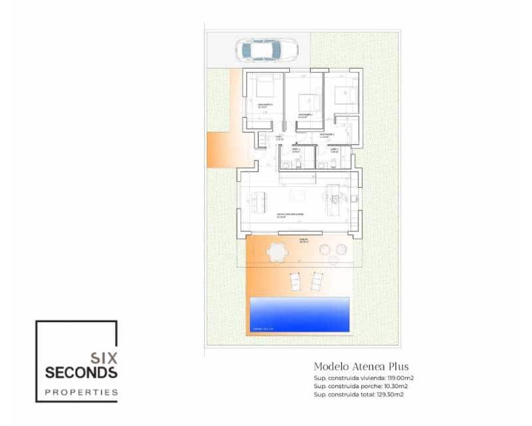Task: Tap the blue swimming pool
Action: coord(299,314)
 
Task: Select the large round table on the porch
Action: coord(276,252)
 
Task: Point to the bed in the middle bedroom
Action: coord(309,103)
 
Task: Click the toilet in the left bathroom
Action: coord(299,162)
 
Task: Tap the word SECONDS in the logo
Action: coord(81,373)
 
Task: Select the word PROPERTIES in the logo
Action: coord(81,392)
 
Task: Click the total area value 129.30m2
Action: coord(392,395)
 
